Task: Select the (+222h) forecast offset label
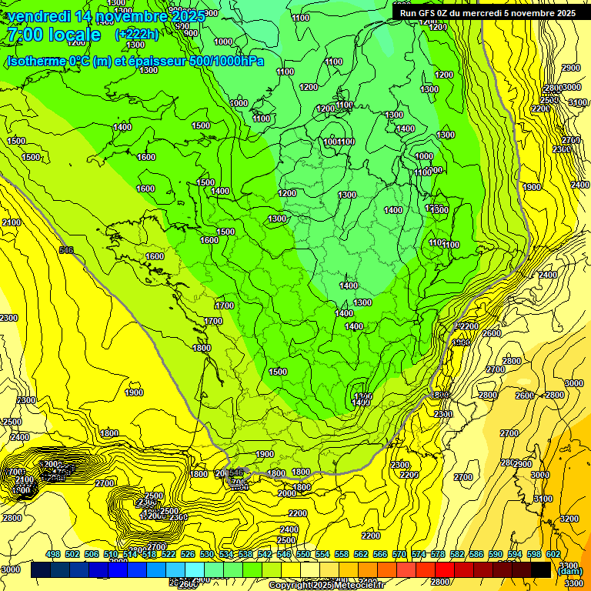[137, 35]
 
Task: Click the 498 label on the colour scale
[53, 555]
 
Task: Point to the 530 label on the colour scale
[207, 555]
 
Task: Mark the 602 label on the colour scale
[553, 555]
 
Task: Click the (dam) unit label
[569, 571]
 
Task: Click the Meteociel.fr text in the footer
[362, 586]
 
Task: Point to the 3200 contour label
[569, 519]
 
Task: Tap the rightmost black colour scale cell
[541, 570]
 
